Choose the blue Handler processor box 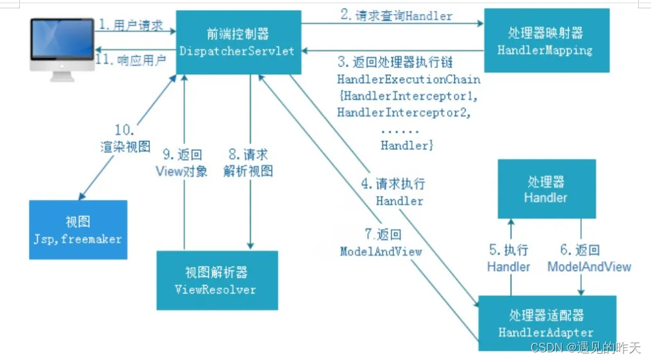[546, 189]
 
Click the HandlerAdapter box [546, 323]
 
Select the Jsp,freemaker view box [78, 230]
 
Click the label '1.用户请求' [130, 26]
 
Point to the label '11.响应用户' [131, 61]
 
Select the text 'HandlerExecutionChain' [409, 80]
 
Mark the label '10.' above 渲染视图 [125, 129]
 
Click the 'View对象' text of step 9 [182, 172]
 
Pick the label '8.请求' [248, 154]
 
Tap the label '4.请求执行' [393, 184]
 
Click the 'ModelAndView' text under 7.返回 [381, 252]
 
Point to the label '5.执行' [508, 250]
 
